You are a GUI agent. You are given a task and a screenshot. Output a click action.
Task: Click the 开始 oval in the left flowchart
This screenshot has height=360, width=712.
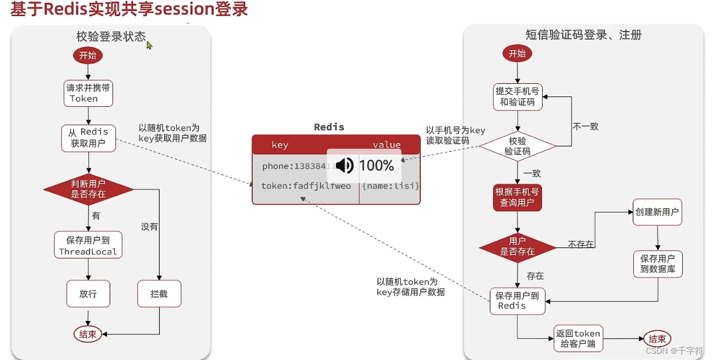point(88,56)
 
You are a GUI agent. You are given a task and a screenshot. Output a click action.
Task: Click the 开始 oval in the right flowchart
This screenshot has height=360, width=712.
point(517,53)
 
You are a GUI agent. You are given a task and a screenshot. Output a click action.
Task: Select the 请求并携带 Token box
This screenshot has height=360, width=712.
point(88,93)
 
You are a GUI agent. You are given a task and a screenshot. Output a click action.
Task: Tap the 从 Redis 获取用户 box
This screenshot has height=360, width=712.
point(88,138)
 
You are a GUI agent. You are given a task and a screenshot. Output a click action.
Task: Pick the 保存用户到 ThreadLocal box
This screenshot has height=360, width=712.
point(88,245)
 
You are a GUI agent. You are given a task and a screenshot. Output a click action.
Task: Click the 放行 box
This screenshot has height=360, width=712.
point(88,293)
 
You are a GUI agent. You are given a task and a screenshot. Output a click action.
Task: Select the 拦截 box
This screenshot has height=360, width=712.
point(159,293)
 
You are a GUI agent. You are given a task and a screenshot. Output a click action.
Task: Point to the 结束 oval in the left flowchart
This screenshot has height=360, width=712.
point(88,334)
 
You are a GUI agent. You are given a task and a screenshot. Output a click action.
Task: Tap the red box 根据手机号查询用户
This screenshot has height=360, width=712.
point(517,198)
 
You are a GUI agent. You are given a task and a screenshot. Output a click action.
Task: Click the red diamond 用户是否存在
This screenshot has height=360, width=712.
point(517,246)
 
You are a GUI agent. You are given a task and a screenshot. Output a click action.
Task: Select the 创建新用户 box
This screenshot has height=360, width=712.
point(657,212)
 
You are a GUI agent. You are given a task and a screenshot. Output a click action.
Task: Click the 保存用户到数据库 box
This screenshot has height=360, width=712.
point(657,264)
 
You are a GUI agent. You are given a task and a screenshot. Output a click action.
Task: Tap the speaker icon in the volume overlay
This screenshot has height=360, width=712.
point(345,166)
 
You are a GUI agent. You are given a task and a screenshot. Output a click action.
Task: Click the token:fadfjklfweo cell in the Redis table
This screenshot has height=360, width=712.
point(305,186)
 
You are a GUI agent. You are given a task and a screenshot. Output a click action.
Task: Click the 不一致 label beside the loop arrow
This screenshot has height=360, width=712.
point(586,126)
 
